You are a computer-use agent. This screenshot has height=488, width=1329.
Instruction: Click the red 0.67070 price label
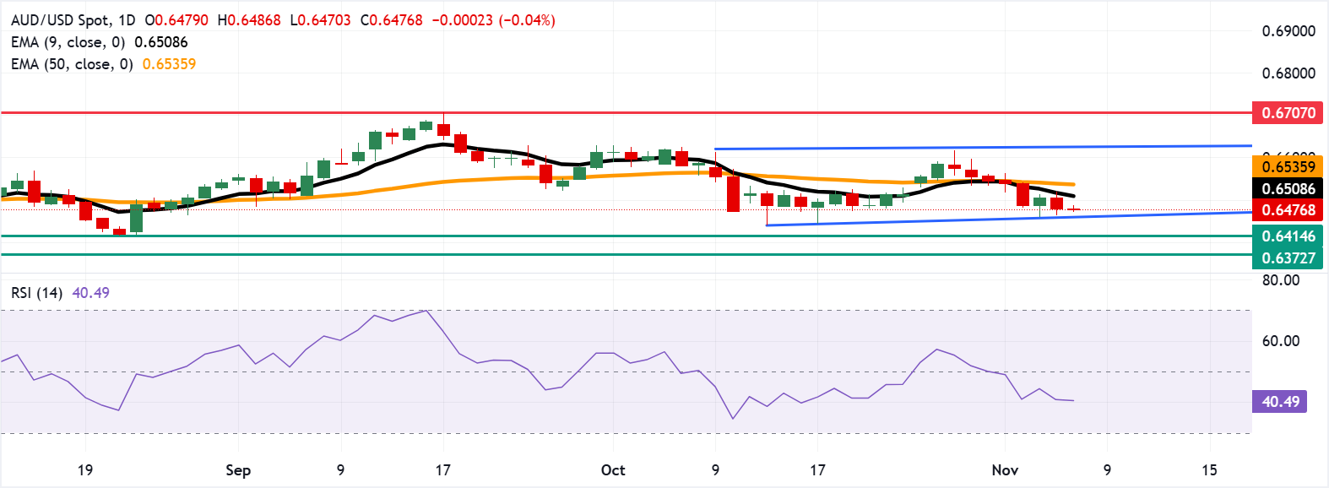click(x=1288, y=112)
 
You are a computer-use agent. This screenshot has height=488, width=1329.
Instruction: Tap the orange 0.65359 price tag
click(x=1288, y=166)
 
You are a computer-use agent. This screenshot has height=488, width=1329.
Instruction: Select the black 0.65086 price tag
click(x=1288, y=188)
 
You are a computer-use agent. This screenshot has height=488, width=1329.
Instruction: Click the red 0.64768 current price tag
click(x=1288, y=209)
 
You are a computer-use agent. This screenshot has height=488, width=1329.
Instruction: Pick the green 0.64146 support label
click(x=1288, y=236)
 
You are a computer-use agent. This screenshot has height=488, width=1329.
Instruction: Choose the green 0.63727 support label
click(x=1288, y=258)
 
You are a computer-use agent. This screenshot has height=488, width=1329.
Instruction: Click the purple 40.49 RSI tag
click(x=1279, y=401)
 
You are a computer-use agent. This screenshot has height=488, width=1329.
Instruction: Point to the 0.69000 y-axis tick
click(x=1288, y=31)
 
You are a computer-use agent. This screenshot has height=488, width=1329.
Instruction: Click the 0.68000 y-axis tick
click(x=1288, y=73)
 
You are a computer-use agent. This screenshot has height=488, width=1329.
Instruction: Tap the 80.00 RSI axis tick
click(x=1280, y=280)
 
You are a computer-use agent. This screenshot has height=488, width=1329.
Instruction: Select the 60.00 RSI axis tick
click(x=1280, y=341)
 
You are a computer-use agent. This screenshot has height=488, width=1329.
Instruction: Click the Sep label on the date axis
click(x=238, y=470)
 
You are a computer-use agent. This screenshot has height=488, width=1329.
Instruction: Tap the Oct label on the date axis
click(x=613, y=470)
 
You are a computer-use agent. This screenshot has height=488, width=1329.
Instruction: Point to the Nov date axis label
click(x=1005, y=470)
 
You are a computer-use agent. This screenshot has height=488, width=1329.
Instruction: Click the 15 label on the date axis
click(x=1209, y=470)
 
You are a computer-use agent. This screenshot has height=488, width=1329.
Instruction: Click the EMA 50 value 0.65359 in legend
click(x=169, y=64)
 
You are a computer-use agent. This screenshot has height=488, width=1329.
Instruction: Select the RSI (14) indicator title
click(x=36, y=293)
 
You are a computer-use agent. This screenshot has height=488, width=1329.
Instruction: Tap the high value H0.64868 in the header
click(x=248, y=20)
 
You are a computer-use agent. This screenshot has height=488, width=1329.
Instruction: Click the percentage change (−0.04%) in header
click(x=527, y=20)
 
